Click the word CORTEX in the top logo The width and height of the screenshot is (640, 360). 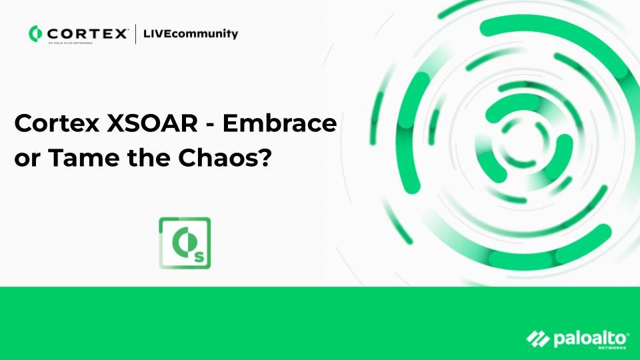pos(87,33)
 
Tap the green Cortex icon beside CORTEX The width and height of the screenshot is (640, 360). pos(35,33)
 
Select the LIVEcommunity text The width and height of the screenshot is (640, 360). pos(190,34)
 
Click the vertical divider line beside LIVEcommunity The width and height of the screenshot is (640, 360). pos(135,34)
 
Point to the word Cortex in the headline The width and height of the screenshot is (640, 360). pos(56,123)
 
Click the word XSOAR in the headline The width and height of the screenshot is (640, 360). pos(152,123)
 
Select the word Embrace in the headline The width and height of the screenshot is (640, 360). pos(279,123)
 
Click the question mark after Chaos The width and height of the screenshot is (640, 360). pos(264,158)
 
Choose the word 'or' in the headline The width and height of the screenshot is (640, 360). pos(28,160)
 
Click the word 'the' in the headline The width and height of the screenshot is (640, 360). pos(149,158)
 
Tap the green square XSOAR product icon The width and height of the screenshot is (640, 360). pos(185,243)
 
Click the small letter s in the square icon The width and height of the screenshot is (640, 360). pos(199,257)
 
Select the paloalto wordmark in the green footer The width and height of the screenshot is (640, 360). pos(589,339)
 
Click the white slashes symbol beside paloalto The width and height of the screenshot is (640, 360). pos(537,339)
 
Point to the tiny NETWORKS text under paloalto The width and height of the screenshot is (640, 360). pos(612,348)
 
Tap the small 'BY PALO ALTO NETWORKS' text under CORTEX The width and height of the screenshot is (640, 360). pos(70,43)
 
